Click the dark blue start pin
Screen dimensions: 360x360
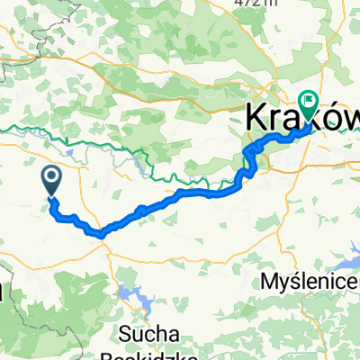tap(51, 179)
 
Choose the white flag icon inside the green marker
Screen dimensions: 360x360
tap(309, 102)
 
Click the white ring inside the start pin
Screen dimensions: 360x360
tap(51, 176)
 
